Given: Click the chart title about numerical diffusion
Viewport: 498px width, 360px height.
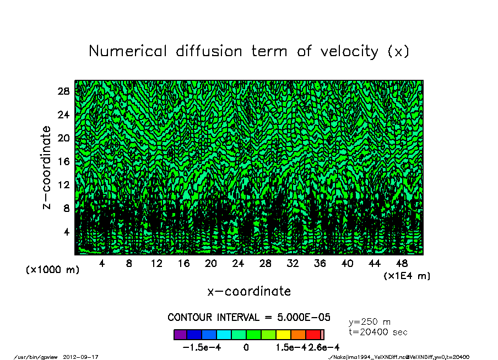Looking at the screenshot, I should pyautogui.click(x=249, y=51).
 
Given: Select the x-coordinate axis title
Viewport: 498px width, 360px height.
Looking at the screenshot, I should pyautogui.click(x=249, y=291).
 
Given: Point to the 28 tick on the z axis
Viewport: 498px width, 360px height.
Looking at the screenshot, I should pyautogui.click(x=63, y=91).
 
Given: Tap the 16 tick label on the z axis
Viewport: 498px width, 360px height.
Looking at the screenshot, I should pyautogui.click(x=63, y=161).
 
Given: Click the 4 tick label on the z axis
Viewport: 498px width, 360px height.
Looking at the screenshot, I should pyautogui.click(x=66, y=232).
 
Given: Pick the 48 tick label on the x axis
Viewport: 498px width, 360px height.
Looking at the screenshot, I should pyautogui.click(x=402, y=264).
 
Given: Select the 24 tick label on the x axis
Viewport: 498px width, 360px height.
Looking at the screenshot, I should pyautogui.click(x=238, y=264).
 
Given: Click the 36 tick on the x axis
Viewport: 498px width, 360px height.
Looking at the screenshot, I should pyautogui.click(x=320, y=264).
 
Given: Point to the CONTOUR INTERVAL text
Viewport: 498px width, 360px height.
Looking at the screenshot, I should pyautogui.click(x=249, y=318).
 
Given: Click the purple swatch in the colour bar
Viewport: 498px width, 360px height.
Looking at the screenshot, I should pyautogui.click(x=180, y=334).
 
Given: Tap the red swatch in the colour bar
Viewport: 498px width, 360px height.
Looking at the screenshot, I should pyautogui.click(x=313, y=334).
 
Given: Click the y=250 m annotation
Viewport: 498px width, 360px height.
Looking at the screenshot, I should pyautogui.click(x=370, y=321).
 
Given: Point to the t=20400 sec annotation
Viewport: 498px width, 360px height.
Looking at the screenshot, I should pyautogui.click(x=378, y=332).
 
